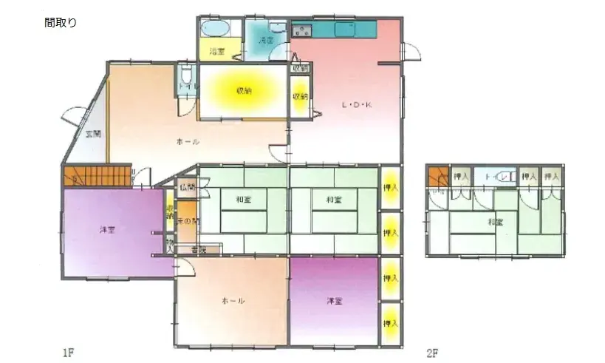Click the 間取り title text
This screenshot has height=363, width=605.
pos(61,23)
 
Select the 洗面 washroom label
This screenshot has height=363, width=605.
pos(267,41)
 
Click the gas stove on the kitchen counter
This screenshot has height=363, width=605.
pos(302,31)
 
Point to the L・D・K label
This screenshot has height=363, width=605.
pos(356,106)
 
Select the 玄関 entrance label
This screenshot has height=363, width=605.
pos(92,134)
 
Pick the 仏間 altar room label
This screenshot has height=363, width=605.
pos(186,189)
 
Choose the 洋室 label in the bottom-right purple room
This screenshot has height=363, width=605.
pos(335,301)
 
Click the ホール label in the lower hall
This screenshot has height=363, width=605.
pos(233,301)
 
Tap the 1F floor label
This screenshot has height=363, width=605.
pos(69,353)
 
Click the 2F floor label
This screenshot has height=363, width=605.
pos(433,353)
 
